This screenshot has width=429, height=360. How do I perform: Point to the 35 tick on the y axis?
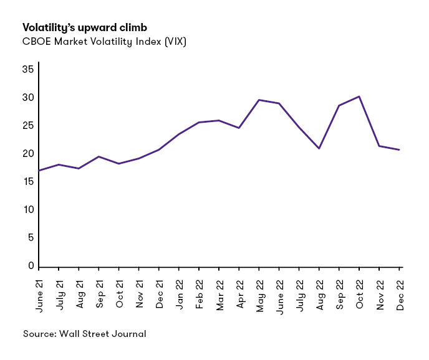tap(27, 69)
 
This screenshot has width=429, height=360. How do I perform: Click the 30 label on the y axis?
tap(27, 98)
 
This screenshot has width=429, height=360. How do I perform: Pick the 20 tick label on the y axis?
tap(27, 154)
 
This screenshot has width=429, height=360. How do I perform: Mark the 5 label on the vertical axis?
tap(30, 238)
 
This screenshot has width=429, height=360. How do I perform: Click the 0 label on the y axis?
tap(30, 266)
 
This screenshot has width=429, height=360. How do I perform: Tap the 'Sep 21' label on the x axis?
tap(99, 290)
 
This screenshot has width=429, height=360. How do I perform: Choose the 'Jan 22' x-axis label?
tap(179, 290)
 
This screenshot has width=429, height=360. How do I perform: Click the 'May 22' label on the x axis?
tap(259, 290)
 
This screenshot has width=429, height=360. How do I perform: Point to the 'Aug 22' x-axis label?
tap(319, 290)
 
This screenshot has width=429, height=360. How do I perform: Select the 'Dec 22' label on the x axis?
tap(400, 290)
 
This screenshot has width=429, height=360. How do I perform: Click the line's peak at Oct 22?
tap(359, 97)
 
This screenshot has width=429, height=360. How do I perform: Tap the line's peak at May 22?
tap(259, 100)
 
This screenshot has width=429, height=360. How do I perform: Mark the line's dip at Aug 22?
tap(319, 148)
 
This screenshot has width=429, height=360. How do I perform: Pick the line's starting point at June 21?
tap(39, 170)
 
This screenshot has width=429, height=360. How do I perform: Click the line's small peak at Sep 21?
tap(99, 156)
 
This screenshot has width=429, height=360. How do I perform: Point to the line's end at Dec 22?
tap(399, 149)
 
